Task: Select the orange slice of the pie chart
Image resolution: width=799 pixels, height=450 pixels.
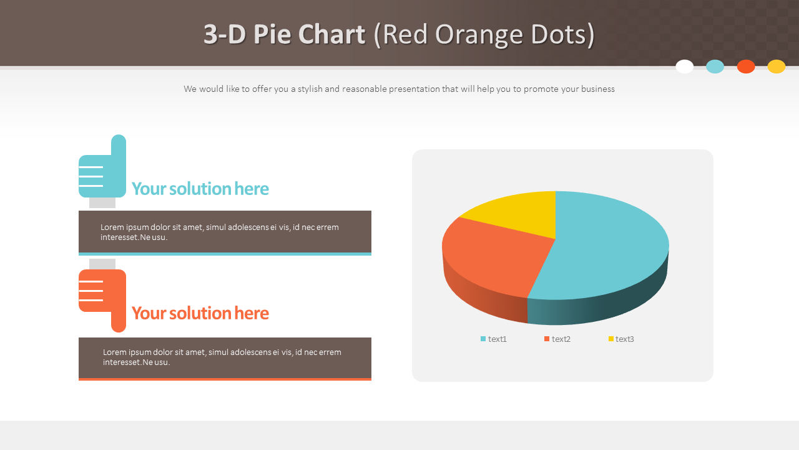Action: point(493,256)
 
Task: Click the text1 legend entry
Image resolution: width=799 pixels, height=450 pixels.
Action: point(494,339)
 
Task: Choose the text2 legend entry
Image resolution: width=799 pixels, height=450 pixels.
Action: point(557,339)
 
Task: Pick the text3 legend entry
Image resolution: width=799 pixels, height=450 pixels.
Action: point(621,339)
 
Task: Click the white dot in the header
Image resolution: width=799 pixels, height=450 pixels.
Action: point(685,66)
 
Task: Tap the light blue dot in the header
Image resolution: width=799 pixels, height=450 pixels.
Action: point(715,66)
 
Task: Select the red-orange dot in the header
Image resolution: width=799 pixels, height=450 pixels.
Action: point(746,66)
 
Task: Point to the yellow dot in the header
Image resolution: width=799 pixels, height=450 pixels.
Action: point(777,66)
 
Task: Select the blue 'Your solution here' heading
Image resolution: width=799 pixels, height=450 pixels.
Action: point(200,189)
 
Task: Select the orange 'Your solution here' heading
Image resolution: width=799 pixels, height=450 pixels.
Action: point(200,313)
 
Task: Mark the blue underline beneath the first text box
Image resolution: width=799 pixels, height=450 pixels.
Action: point(225,254)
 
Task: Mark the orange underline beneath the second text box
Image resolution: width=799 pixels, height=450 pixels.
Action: point(225,379)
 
